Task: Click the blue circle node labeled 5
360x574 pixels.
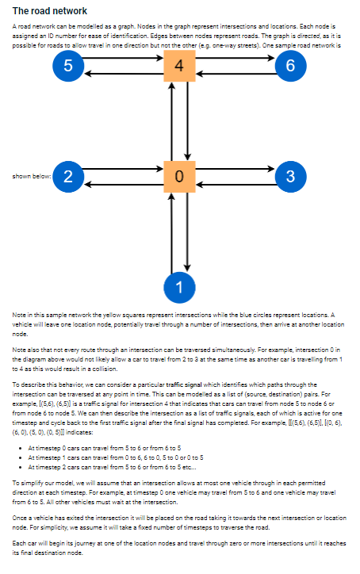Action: tap(68, 67)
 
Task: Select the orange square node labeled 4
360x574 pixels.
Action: tap(180, 67)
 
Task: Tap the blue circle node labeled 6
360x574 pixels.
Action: tap(291, 67)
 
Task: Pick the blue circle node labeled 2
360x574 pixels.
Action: tap(68, 176)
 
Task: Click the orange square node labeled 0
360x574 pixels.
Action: tap(180, 176)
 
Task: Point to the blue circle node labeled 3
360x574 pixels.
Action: tap(291, 176)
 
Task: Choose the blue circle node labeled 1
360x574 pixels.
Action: tap(180, 285)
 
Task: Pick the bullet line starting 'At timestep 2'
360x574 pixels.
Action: tap(118, 467)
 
